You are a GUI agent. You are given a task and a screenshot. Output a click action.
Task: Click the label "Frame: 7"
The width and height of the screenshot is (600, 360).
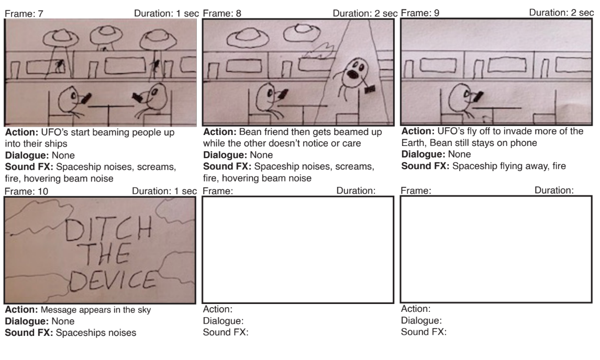[x=24, y=14]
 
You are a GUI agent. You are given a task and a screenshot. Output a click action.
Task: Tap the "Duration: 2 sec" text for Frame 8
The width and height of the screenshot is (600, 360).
[x=365, y=14]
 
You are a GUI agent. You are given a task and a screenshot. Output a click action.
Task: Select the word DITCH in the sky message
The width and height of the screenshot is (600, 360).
[x=109, y=229]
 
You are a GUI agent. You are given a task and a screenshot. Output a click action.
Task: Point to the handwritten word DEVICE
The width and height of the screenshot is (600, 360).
[x=113, y=280]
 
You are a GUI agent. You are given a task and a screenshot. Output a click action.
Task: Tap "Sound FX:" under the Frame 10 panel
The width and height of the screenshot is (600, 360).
[x=29, y=333]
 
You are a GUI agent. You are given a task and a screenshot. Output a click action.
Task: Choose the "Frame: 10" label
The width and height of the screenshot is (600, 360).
[x=26, y=192]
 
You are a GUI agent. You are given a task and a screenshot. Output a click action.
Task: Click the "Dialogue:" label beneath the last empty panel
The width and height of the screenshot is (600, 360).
[x=421, y=321]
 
